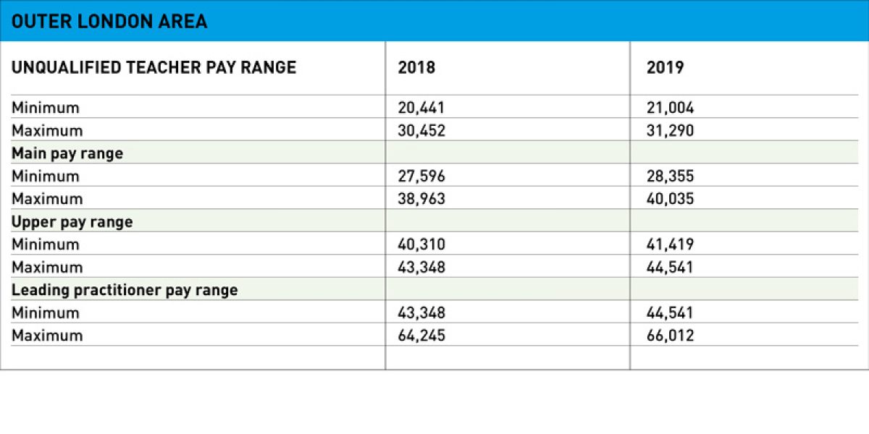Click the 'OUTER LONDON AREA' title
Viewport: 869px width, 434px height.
[109, 22]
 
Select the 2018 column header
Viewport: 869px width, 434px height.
[417, 67]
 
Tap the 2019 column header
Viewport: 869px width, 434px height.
[665, 67]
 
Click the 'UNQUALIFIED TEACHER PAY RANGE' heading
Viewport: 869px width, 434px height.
[154, 67]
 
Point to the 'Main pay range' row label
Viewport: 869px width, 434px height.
[67, 153]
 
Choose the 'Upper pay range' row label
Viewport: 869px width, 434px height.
[72, 221]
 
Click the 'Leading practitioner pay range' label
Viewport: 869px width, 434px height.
[125, 290]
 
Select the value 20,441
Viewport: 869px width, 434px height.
[421, 108]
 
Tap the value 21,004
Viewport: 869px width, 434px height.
[670, 108]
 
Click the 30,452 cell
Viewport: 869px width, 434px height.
[421, 131]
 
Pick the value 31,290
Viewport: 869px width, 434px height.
[670, 131]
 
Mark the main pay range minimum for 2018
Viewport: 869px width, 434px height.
[421, 176]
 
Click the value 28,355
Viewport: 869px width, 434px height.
[670, 176]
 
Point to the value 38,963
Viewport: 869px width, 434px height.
[421, 199]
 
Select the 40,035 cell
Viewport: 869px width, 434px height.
[670, 199]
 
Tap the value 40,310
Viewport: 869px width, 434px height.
[421, 244]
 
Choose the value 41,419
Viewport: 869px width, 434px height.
[670, 244]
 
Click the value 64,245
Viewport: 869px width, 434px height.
[421, 336]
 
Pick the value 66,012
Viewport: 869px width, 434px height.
[670, 336]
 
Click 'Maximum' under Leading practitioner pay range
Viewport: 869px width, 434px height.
[47, 336]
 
